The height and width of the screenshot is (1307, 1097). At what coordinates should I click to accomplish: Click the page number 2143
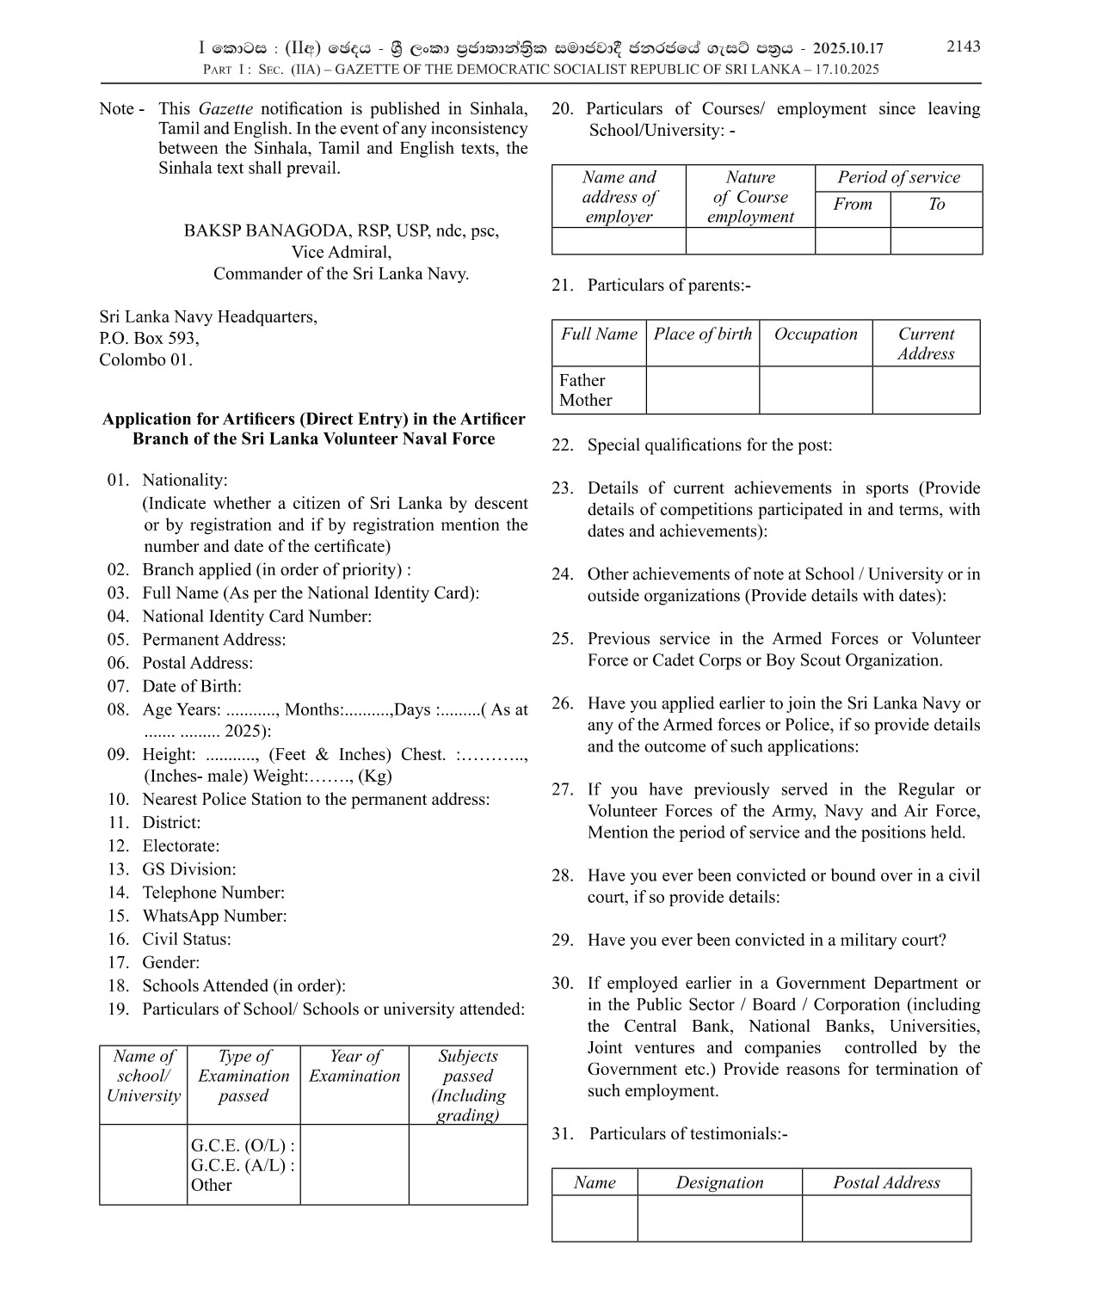point(963,46)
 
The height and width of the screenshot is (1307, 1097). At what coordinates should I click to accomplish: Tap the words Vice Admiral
point(341,253)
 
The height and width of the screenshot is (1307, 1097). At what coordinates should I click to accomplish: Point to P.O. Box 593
point(149,338)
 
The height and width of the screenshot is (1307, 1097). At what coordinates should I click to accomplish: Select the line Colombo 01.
point(145,359)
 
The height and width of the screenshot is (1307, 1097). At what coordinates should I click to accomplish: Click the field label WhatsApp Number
point(214,917)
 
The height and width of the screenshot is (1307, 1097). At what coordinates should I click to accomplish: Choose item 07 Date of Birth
point(191,686)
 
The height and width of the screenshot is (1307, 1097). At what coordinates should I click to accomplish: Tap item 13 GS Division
point(188,869)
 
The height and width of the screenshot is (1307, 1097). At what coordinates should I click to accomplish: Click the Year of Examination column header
point(354,1066)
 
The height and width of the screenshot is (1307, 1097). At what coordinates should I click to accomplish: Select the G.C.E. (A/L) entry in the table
point(243,1165)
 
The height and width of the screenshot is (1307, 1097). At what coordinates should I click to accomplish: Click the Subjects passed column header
point(468,1085)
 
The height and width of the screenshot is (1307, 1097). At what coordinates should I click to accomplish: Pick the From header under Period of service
point(852,205)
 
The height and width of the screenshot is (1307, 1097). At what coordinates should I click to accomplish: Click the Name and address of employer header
point(619,197)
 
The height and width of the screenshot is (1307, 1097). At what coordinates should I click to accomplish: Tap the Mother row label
point(585,400)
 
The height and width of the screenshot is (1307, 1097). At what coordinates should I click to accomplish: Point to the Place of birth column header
point(702,334)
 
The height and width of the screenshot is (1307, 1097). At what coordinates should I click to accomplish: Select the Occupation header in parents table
point(816,334)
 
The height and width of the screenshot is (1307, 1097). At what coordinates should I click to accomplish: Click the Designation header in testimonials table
point(719,1182)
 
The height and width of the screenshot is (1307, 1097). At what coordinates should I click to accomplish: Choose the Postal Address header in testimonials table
point(886,1182)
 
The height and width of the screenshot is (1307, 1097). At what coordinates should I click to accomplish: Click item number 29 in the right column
point(562,940)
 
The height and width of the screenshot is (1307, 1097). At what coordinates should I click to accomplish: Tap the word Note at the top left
point(117,109)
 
